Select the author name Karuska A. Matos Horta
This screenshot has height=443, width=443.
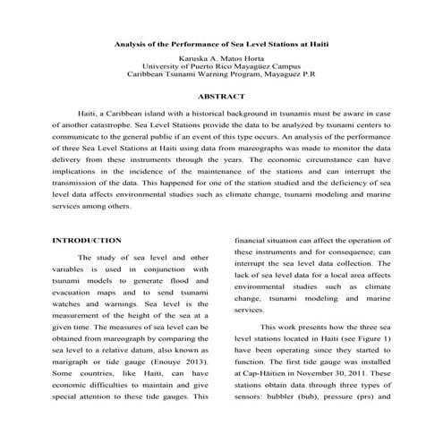(x=221, y=57)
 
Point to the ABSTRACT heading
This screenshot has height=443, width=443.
(x=221, y=96)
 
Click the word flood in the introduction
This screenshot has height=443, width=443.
(x=176, y=293)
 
